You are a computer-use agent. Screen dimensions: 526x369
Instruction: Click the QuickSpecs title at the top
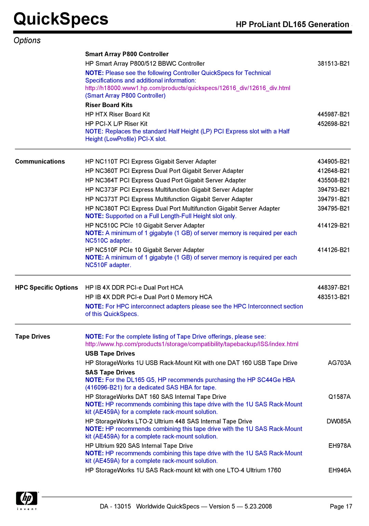[x=61, y=19]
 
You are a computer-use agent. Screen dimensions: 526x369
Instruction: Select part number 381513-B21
[x=333, y=64]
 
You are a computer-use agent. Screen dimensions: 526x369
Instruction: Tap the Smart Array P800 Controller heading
[x=127, y=54]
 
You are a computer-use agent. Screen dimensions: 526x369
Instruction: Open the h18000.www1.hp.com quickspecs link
[x=188, y=88]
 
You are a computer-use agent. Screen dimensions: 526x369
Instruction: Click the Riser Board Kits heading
[x=109, y=105]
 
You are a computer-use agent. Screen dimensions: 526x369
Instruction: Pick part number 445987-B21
[x=333, y=114]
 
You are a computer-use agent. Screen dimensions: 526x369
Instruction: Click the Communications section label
[x=40, y=162]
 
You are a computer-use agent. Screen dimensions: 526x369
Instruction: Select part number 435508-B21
[x=333, y=180]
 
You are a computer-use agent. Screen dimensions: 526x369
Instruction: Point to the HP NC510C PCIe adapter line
[x=145, y=226]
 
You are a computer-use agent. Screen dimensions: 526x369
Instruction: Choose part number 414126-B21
[x=333, y=250]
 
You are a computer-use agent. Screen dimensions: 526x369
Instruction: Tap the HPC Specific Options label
[x=46, y=288]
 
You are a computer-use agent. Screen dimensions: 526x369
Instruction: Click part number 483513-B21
[x=333, y=297]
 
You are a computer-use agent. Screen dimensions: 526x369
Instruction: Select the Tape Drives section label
[x=32, y=337]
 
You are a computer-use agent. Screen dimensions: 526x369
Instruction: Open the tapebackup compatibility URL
[x=192, y=344]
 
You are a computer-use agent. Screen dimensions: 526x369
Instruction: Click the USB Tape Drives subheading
[x=110, y=354]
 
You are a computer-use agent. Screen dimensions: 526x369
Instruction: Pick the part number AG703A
[x=339, y=363]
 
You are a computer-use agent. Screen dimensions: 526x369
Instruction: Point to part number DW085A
[x=339, y=421]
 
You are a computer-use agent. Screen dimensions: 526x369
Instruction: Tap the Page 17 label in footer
[x=341, y=507]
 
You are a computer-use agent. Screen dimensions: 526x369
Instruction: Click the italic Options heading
[x=27, y=41]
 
